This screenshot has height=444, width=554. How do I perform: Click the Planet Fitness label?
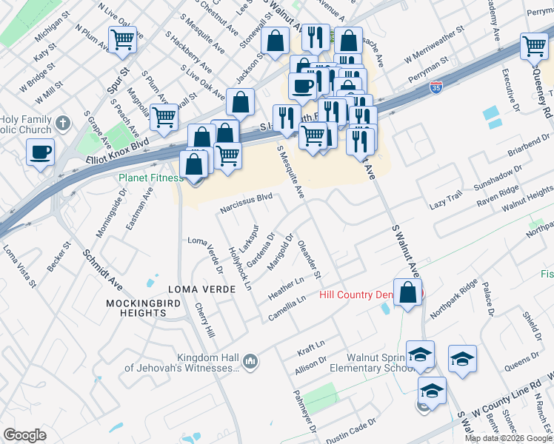pyautogui.click(x=150, y=178)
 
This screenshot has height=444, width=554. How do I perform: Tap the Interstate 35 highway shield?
pyautogui.click(x=437, y=87)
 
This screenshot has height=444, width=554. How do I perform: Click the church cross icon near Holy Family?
pyautogui.click(x=63, y=122)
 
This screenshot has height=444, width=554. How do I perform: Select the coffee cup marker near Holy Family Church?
pyautogui.click(x=41, y=153)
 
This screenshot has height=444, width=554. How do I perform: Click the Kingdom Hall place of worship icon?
pyautogui.click(x=250, y=362)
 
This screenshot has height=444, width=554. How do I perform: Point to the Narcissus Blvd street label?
pyautogui.click(x=247, y=202)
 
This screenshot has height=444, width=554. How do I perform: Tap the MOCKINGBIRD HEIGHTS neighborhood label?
pyautogui.click(x=136, y=308)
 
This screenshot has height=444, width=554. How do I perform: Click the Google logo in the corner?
pyautogui.click(x=24, y=434)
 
